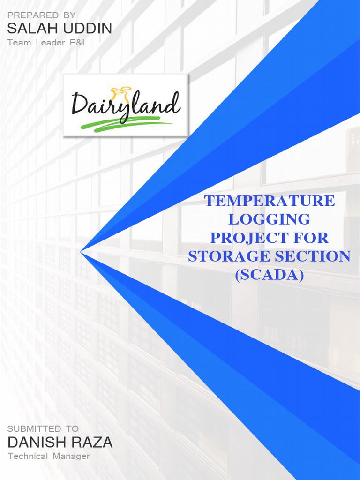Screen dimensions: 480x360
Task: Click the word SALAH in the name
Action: pos(28,29)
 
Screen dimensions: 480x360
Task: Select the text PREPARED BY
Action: pos(42,15)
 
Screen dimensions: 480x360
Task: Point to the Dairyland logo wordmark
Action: pos(126,104)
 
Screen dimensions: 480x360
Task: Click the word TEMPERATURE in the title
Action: pos(270,201)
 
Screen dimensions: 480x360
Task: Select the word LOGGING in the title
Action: pos(269,219)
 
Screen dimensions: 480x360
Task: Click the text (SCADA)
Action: pos(269,275)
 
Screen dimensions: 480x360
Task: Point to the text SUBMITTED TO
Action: pos(43,428)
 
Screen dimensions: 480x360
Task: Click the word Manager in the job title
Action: pos(71,456)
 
